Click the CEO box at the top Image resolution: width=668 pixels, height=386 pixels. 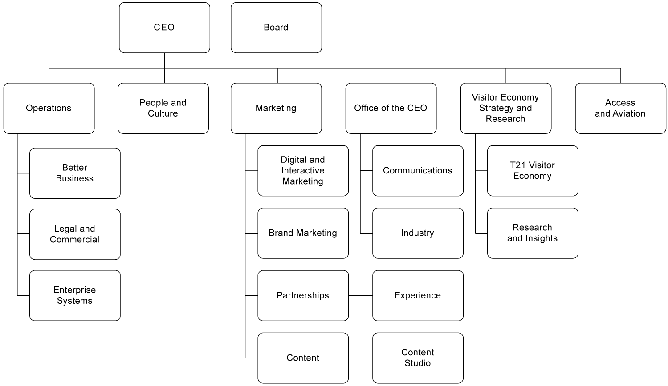pos(164,28)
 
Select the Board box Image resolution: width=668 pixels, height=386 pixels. pos(276,28)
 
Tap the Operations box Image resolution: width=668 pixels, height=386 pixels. pos(49,108)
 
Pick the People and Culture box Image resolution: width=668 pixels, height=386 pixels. pos(163,108)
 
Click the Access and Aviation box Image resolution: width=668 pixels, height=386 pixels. pos(620,108)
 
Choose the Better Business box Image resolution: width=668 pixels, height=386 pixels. pos(75,173)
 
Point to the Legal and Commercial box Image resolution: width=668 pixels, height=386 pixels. pos(75,234)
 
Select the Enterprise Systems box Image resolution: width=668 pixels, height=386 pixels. pos(75,295)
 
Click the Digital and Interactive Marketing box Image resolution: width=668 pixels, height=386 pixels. pos(303,171)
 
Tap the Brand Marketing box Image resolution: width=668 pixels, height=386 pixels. pos(303,233)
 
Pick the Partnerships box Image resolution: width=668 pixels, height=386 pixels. pos(303,295)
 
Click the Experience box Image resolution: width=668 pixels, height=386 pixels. pos(418,295)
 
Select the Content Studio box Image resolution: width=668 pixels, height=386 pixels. pos(418,358)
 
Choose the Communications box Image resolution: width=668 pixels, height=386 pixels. pos(418,171)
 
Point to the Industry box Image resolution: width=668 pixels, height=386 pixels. pos(418,233)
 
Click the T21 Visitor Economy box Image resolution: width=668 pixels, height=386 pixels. pos(533,171)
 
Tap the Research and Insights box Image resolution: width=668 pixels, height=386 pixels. pos(533,233)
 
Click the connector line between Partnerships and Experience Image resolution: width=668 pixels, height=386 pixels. pos(360,295)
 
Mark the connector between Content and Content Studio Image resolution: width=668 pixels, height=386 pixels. pos(360,358)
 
